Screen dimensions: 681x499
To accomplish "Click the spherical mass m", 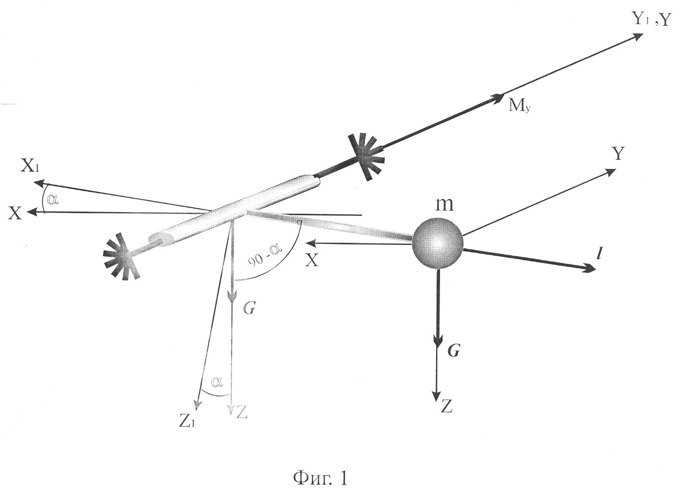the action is click(x=437, y=243).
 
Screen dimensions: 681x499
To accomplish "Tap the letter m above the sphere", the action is click(x=444, y=205).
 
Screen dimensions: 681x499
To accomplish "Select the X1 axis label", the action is click(x=30, y=167).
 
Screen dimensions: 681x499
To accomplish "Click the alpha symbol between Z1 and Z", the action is click(x=217, y=382).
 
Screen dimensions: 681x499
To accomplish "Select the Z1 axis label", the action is click(x=186, y=422).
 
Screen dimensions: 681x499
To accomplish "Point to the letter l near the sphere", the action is click(x=598, y=254).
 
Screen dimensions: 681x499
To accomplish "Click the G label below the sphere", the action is click(x=453, y=351).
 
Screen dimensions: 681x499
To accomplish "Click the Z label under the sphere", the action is click(x=446, y=406).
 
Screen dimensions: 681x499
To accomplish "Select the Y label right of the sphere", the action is click(x=618, y=153).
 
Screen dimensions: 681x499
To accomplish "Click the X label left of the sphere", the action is click(x=311, y=260).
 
